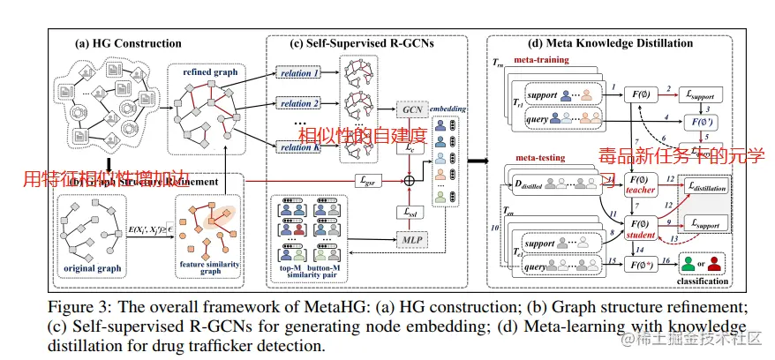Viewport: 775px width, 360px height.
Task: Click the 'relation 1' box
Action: coord(297,73)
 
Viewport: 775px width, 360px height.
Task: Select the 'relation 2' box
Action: coord(297,104)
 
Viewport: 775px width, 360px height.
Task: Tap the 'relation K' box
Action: coord(297,147)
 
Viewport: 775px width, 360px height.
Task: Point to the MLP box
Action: coord(410,239)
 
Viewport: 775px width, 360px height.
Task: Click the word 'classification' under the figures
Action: coord(696,281)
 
